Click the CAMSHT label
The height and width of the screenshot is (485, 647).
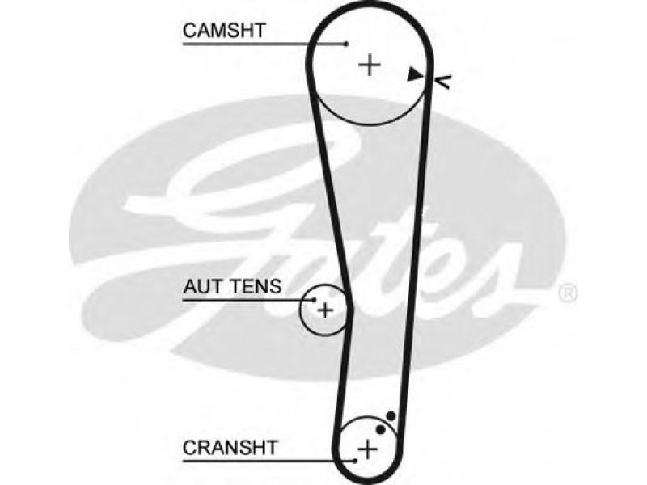[224, 31]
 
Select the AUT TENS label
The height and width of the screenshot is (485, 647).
[233, 286]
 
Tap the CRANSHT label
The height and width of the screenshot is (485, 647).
[230, 447]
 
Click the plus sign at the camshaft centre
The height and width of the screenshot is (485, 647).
[370, 65]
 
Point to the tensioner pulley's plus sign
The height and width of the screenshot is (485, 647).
[325, 310]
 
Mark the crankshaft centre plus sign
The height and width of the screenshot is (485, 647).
[367, 449]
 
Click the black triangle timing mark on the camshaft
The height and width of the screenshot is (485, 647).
[415, 74]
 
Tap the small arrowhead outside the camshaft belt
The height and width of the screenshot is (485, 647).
[444, 81]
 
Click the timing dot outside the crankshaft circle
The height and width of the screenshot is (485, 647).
[391, 416]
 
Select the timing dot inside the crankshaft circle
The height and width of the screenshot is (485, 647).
[381, 429]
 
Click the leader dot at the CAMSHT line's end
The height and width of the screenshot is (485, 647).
[347, 44]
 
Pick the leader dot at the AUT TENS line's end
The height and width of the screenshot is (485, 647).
[315, 300]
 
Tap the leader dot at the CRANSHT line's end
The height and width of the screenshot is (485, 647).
[355, 461]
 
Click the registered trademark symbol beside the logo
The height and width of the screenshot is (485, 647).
[568, 293]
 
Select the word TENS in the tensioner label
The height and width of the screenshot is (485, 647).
[256, 286]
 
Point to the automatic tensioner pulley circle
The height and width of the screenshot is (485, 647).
[300, 310]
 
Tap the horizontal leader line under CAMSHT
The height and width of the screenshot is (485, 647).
[264, 44]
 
